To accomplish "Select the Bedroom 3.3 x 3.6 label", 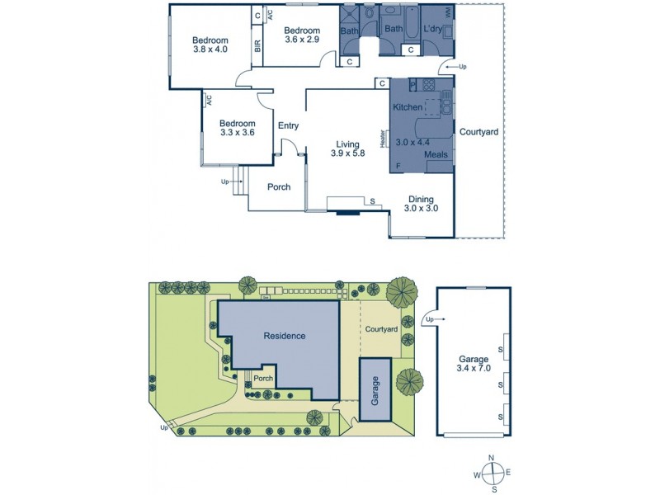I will (237, 126).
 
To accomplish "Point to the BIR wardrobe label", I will (258, 46).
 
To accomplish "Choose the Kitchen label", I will (408, 108).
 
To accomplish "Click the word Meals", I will (436, 154).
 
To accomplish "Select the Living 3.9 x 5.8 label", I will (347, 148).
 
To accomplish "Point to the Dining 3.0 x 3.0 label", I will (421, 204).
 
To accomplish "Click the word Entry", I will (288, 126).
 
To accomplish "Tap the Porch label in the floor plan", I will (279, 187).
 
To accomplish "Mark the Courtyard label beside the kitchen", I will (478, 132).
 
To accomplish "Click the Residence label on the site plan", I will (285, 336).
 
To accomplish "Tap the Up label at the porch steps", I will (224, 181).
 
